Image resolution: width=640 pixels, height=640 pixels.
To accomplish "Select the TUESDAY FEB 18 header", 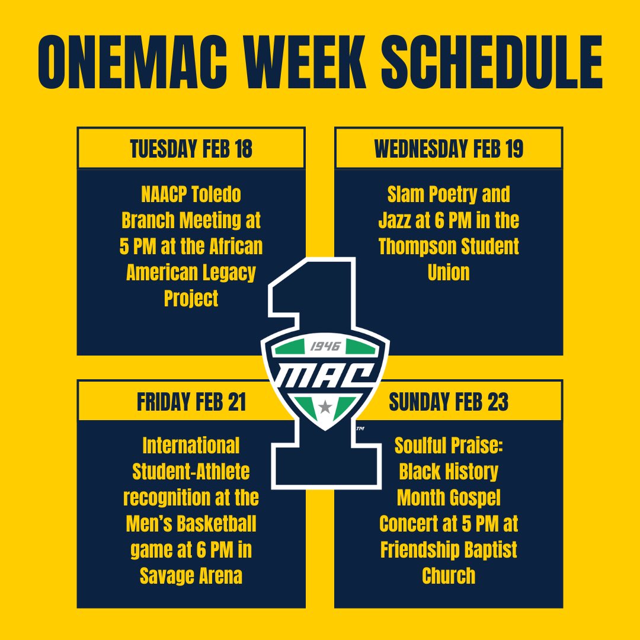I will (x=191, y=149).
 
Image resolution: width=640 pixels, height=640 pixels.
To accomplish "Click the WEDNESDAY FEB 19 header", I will (x=449, y=149).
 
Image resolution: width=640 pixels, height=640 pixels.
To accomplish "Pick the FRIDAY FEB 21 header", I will (x=191, y=402).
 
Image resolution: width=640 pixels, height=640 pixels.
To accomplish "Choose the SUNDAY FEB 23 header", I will (x=449, y=402).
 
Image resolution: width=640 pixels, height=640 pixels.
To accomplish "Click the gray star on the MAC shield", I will (x=324, y=407).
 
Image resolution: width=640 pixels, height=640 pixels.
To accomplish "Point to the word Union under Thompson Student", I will (x=449, y=273).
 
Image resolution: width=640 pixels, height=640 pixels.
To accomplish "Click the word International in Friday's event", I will (x=191, y=446).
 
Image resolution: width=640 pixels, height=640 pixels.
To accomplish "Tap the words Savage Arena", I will (x=191, y=576).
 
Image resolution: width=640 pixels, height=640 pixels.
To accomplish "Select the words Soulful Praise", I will (x=449, y=446).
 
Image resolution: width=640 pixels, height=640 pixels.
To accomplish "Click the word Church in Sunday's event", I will (x=449, y=576).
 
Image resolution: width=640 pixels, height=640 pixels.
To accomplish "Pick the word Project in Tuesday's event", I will (x=191, y=299).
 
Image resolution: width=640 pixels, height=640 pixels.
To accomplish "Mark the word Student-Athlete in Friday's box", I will (x=191, y=472).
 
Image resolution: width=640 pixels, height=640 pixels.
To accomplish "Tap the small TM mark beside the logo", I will (x=360, y=427).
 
